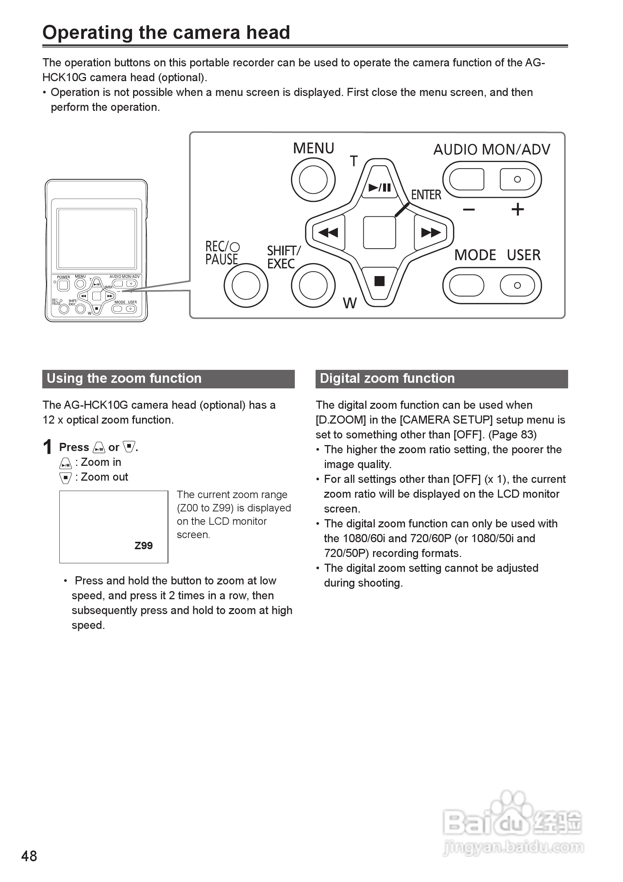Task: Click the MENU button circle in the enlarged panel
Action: (313, 179)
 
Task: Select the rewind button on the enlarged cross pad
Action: (328, 232)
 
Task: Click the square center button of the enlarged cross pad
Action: (379, 232)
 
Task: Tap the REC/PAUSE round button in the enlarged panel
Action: (246, 285)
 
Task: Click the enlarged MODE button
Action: (466, 285)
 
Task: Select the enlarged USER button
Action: (517, 285)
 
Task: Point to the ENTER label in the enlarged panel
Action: (426, 195)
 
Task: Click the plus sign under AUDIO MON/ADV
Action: (517, 209)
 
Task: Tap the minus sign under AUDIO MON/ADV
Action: (468, 209)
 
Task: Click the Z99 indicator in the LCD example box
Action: (144, 546)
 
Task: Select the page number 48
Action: (29, 856)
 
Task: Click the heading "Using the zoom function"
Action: (124, 378)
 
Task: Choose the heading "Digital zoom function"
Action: (387, 378)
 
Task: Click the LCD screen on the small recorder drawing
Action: (96, 239)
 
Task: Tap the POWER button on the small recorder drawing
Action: (63, 285)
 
